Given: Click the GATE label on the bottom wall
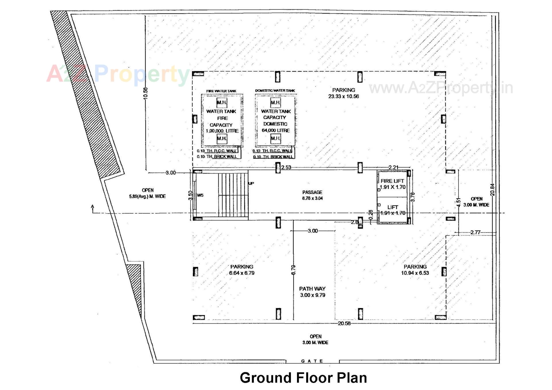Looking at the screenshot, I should point(312,361).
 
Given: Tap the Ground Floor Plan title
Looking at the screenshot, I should point(303,378).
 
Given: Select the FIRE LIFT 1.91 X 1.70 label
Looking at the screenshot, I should point(392,184).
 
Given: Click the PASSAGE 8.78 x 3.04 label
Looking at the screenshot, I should point(312,195).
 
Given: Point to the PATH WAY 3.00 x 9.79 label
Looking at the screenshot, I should point(313,292).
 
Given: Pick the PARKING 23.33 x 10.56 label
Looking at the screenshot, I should point(344,93).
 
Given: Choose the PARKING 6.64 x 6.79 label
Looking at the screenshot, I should point(242,270).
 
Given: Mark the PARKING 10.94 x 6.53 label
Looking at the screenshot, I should point(415,270).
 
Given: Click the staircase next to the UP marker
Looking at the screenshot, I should point(233,195).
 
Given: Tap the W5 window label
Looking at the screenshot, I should point(200,195).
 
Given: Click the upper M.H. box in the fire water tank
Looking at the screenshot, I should point(222,102).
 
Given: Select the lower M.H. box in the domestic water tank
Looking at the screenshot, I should point(275,138).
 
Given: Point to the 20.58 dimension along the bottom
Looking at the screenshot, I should point(344,323).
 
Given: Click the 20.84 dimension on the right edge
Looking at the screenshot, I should point(492,190).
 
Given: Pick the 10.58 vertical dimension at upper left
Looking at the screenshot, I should point(145,93).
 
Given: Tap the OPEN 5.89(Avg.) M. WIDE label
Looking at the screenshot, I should point(147,193).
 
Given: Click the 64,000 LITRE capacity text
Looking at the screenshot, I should point(275,130).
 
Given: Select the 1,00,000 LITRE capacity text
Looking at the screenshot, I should point(222,131).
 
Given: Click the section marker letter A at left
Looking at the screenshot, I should point(93,206).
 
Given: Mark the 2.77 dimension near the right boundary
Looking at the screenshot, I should point(475,232).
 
